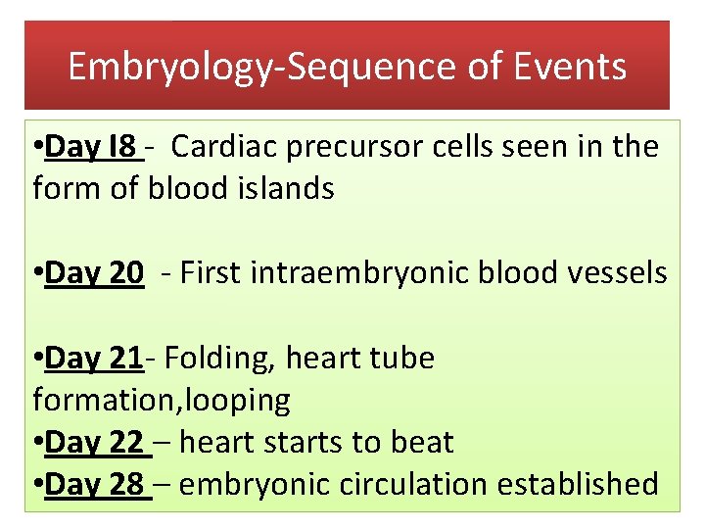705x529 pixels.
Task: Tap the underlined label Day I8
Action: pyautogui.click(x=90, y=147)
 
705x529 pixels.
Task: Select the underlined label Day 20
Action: pyautogui.click(x=94, y=273)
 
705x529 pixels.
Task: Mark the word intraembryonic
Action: pyautogui.click(x=372, y=273)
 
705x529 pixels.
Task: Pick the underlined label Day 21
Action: pyautogui.click(x=94, y=359)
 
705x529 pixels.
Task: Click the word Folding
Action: pyautogui.click(x=219, y=359)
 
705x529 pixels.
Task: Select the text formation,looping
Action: pyautogui.click(x=162, y=400)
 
